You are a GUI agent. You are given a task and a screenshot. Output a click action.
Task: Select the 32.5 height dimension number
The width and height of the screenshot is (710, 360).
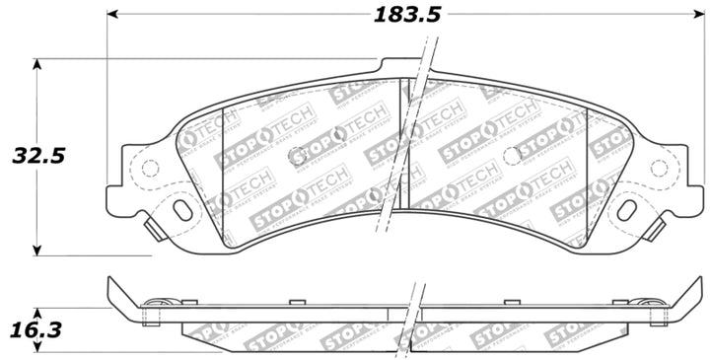[36, 156]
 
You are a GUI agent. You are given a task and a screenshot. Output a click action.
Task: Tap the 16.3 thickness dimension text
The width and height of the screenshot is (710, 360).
[36, 330]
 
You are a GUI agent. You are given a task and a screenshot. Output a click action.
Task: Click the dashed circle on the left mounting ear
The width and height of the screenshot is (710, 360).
[150, 168]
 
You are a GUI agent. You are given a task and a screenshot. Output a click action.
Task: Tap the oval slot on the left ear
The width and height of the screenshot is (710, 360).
[182, 209]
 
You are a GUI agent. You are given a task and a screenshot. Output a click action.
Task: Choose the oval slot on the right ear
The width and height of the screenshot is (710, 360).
[626, 209]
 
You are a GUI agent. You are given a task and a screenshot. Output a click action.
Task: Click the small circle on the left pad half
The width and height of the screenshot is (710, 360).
[298, 156]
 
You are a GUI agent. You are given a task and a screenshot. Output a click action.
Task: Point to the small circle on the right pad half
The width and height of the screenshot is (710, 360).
[511, 156]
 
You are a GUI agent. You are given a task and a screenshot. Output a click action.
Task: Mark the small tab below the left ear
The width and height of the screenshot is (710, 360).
[154, 228]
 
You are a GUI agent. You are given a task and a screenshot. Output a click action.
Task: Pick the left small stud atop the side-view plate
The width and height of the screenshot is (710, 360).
[292, 302]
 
